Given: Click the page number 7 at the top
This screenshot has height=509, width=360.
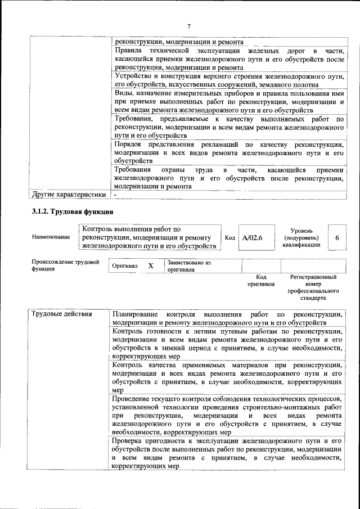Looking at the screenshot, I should pos(188,26).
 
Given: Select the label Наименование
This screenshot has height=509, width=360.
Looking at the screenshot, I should pos(51,237).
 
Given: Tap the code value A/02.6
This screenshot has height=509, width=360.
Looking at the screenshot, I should pos(253,238).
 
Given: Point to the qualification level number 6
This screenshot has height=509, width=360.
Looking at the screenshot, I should pos(337,238).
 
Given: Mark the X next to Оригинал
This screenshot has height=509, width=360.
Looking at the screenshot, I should pos(150,265).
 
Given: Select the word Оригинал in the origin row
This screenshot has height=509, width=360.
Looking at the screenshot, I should pos(125,265).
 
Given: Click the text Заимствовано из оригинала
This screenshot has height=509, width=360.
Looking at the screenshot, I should pos(188,265).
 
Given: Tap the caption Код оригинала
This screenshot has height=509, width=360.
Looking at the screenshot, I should pos(261,281).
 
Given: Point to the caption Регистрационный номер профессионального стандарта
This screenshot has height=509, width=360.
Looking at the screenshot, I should pos(313,288).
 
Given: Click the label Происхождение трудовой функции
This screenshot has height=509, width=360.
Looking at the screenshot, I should pos(65,265).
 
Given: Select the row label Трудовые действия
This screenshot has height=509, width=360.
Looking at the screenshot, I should pos(62,313).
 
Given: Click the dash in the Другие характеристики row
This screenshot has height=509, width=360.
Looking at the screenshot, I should pos(115,195).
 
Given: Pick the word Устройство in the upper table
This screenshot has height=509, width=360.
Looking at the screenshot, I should pos(132,75).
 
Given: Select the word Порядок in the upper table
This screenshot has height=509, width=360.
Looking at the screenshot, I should pos(129,145).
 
